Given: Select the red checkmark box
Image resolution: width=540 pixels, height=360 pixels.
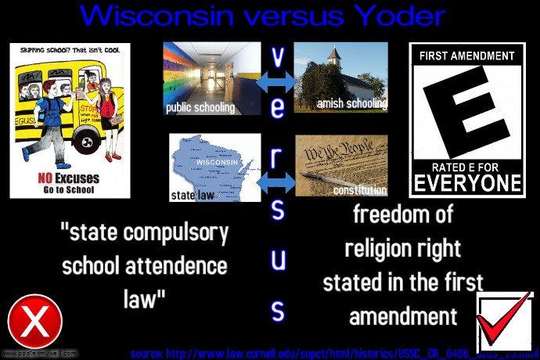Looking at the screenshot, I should coord(504,322).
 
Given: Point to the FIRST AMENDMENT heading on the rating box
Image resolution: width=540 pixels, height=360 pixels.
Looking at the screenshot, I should coord(466,56).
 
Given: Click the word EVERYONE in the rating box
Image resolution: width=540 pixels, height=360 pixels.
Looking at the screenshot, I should coord(467,183).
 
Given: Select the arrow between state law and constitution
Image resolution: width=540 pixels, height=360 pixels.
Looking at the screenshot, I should coord(277,182).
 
